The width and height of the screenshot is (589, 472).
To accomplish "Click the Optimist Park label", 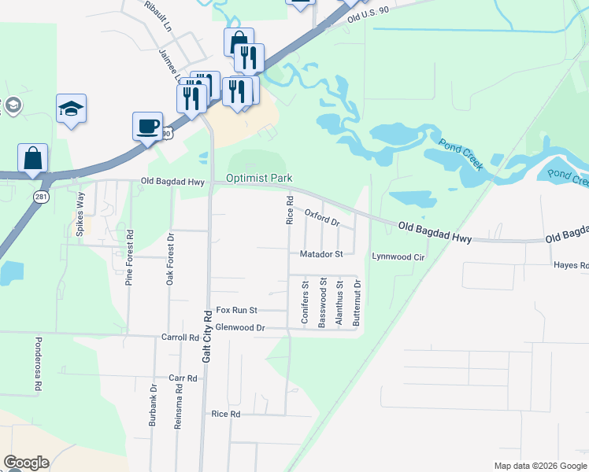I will tap(259, 179).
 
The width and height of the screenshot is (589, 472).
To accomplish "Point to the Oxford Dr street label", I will tap(322, 217).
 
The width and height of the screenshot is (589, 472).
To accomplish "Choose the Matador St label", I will tap(321, 254).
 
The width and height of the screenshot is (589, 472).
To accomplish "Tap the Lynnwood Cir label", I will tap(398, 256).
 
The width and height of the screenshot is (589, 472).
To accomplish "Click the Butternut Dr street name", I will tap(357, 303).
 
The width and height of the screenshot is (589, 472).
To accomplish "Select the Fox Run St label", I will tap(237, 311).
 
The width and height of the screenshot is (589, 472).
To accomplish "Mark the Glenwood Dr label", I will tap(241, 327).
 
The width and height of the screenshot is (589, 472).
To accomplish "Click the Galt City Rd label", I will tap(207, 336).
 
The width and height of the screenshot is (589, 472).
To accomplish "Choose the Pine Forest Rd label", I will tap(131, 257).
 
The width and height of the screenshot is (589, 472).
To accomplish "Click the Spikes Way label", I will tap(80, 210).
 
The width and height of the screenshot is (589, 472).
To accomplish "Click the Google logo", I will tap(27, 463).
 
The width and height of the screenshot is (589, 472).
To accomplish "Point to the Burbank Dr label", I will tap(154, 406).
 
